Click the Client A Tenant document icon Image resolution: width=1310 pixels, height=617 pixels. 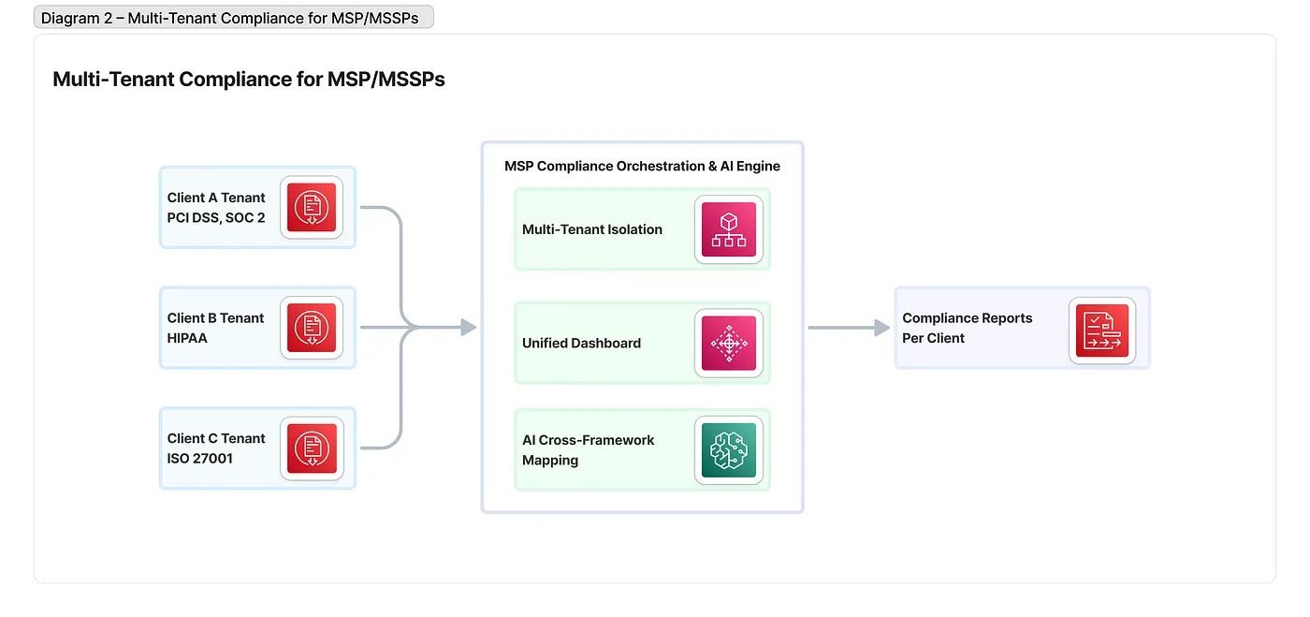tap(311, 207)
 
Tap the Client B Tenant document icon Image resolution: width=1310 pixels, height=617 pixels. tap(311, 328)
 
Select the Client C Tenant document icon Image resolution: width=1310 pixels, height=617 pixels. tap(311, 448)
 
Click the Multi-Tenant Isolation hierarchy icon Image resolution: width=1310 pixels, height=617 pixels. tap(728, 229)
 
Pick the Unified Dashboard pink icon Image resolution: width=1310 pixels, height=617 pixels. tap(728, 343)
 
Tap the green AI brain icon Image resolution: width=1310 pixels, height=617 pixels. tap(728, 449)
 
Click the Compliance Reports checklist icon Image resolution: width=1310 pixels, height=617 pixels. tap(1101, 328)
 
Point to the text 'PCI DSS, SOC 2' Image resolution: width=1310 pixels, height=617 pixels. tap(215, 218)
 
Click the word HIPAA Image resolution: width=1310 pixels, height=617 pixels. tap(187, 338)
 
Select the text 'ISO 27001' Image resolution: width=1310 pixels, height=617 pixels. tap(199, 459)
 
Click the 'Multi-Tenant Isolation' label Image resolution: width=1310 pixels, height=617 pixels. tap(591, 229)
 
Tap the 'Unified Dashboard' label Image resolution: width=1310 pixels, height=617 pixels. tap(581, 344)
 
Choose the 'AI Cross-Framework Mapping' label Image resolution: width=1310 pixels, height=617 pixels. tap(588, 450)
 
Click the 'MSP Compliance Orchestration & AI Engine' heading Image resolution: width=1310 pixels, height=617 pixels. tap(642, 167)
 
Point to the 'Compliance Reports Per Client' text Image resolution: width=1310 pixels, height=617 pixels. tap(967, 328)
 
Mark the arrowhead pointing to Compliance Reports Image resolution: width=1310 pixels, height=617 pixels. tap(881, 328)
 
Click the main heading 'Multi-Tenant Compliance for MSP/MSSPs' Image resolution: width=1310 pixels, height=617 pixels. tap(249, 80)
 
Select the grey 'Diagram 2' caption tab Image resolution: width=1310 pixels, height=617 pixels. tap(233, 18)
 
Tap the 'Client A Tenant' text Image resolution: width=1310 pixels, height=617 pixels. tap(216, 198)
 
